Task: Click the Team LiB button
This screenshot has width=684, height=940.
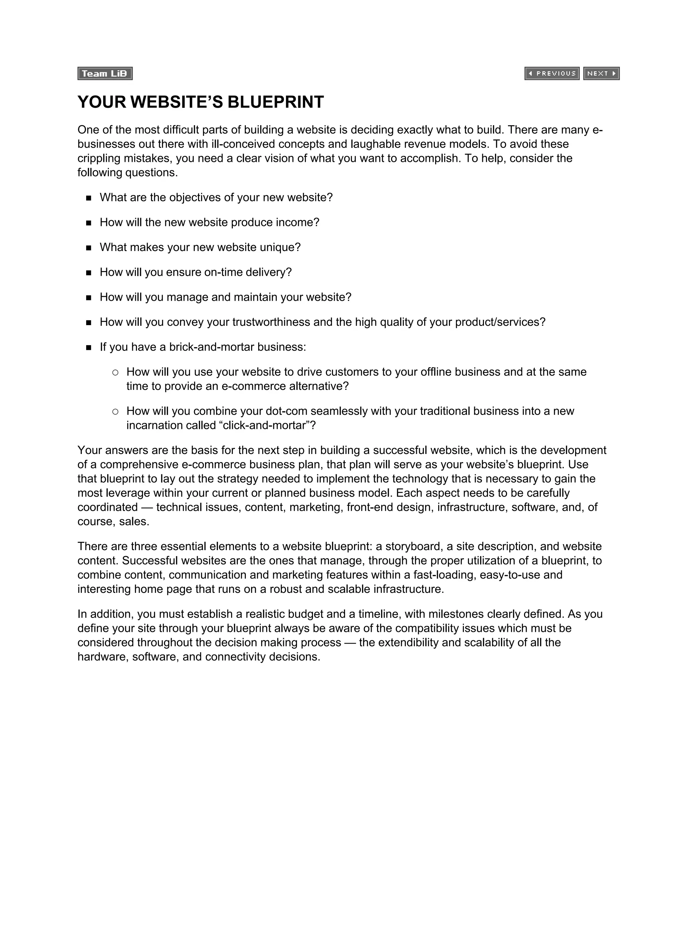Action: click(105, 73)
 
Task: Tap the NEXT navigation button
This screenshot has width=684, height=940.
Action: click(601, 73)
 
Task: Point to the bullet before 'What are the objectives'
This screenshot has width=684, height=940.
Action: click(89, 198)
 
